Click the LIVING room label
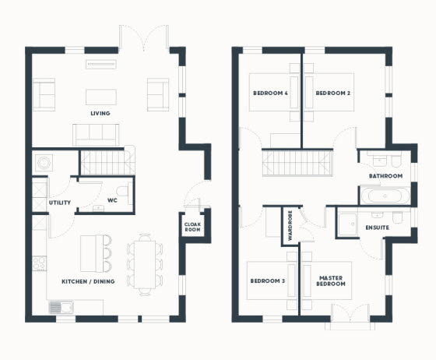pos(100,113)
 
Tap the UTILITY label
pos(60,203)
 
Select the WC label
pos(112,200)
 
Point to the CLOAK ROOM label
pos(192,227)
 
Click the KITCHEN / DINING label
pos(88,281)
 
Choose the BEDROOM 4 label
pos(270,93)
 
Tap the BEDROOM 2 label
pos(333,93)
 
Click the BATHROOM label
pos(385,176)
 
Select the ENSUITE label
pos(378,228)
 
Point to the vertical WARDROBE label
pos(290,226)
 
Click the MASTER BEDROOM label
pos(331,281)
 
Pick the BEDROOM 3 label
pos(268,281)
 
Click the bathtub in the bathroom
pos(385,196)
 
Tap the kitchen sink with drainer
pos(61,308)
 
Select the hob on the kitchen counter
pos(40,263)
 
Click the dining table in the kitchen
pos(145,265)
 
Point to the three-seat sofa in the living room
pos(96,135)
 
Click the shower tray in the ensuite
pos(347,224)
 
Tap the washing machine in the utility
pos(44,163)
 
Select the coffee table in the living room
pos(101,97)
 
